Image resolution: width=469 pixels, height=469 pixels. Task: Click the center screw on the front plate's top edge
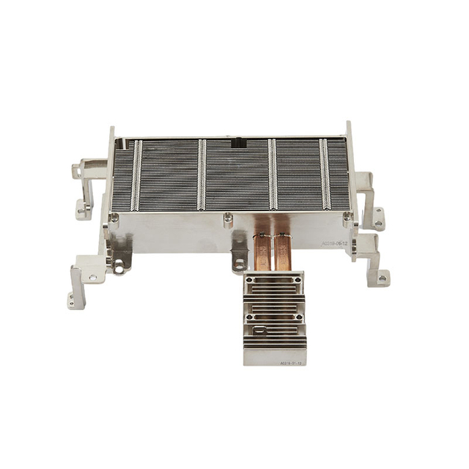[x=228, y=217]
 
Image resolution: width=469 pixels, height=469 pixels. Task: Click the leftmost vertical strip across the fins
[x=136, y=175]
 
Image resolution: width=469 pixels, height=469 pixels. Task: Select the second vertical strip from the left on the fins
[x=202, y=175]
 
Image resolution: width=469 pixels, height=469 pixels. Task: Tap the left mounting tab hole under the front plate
[x=119, y=268]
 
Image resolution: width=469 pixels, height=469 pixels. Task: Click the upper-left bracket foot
[x=81, y=213]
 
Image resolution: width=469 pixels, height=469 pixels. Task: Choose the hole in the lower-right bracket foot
[x=381, y=279]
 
